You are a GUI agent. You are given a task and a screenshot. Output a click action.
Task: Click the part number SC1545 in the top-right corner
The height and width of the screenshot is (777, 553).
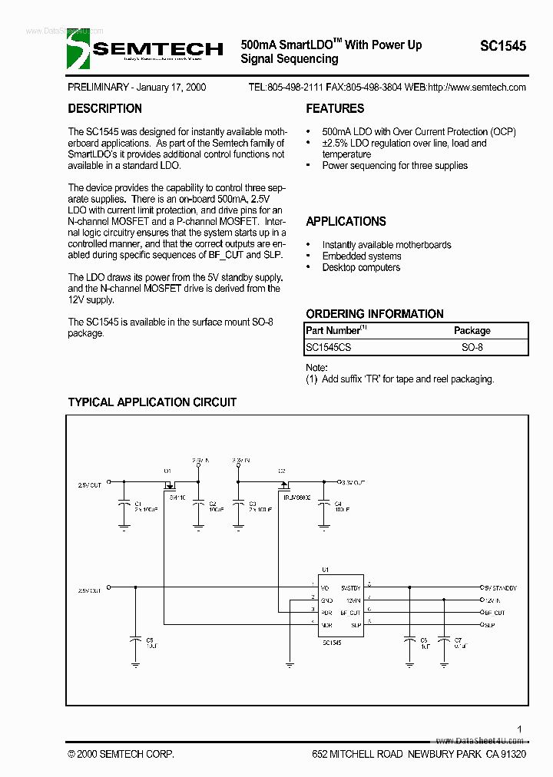503,46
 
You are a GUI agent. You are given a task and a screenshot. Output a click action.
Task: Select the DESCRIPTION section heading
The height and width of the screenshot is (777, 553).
104,109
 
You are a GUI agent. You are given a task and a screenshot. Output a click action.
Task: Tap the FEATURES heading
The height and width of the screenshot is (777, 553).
335,109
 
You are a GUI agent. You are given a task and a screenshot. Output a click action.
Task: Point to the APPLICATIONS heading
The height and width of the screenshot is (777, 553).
346,222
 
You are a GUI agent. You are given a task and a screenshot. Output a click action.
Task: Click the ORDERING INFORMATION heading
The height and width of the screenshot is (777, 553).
374,314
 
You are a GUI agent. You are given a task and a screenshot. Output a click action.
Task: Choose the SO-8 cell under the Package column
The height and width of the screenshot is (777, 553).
472,347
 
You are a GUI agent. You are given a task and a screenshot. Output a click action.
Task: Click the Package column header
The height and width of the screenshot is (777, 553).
472,330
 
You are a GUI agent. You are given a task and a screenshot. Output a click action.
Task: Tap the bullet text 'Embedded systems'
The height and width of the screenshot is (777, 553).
361,256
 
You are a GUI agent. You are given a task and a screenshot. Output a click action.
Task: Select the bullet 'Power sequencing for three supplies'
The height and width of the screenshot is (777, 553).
394,166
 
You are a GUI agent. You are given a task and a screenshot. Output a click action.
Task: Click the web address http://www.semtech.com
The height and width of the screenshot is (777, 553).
476,88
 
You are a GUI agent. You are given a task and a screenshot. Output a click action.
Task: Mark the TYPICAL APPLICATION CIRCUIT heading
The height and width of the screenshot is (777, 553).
152,402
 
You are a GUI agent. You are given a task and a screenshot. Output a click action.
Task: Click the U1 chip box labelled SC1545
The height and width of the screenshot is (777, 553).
341,607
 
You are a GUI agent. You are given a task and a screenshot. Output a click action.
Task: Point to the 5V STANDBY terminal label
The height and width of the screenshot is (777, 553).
500,587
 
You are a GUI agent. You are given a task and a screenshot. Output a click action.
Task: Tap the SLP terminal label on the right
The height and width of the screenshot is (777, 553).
488,626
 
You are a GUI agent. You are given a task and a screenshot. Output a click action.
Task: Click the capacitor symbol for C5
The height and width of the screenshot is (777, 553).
135,639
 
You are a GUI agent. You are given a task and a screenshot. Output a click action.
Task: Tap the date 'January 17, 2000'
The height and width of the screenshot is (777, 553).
168,88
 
